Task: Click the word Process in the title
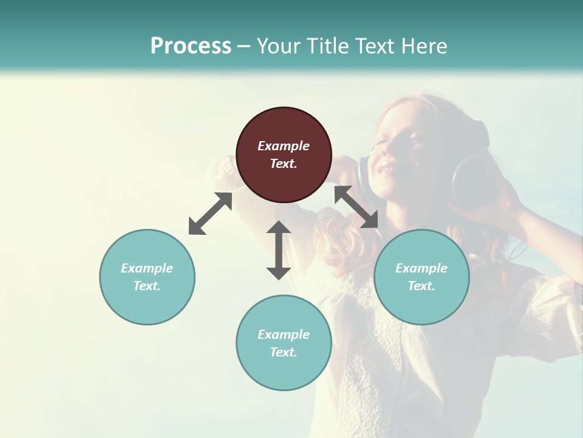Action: pos(191,46)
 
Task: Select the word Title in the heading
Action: pos(329,46)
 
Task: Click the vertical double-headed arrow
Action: pos(279,250)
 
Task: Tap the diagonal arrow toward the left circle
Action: pos(210,214)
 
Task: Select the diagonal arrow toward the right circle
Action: pos(356,207)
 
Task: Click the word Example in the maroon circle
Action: pos(284,146)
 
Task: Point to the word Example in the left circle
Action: pos(147,268)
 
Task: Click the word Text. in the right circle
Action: pos(421,286)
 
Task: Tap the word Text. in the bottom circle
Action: pos(284,352)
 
